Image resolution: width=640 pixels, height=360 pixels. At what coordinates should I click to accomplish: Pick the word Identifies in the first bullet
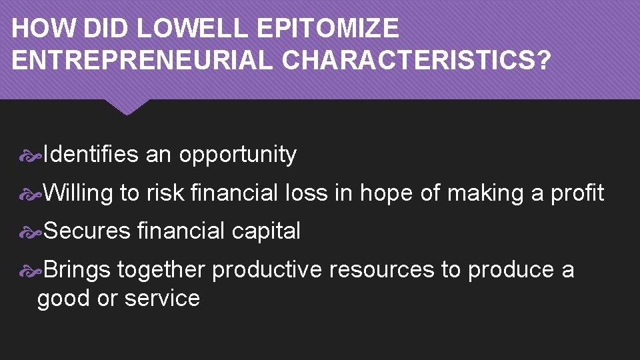point(91,155)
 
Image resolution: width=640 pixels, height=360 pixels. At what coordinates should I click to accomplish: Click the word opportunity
point(237,155)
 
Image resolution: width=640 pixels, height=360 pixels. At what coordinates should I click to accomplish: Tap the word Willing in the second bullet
point(79,193)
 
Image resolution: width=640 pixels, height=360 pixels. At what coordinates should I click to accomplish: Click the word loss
point(307,193)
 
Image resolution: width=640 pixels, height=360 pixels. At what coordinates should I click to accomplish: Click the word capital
point(266,232)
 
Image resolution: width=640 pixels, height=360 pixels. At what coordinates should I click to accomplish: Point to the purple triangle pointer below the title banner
point(127,107)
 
